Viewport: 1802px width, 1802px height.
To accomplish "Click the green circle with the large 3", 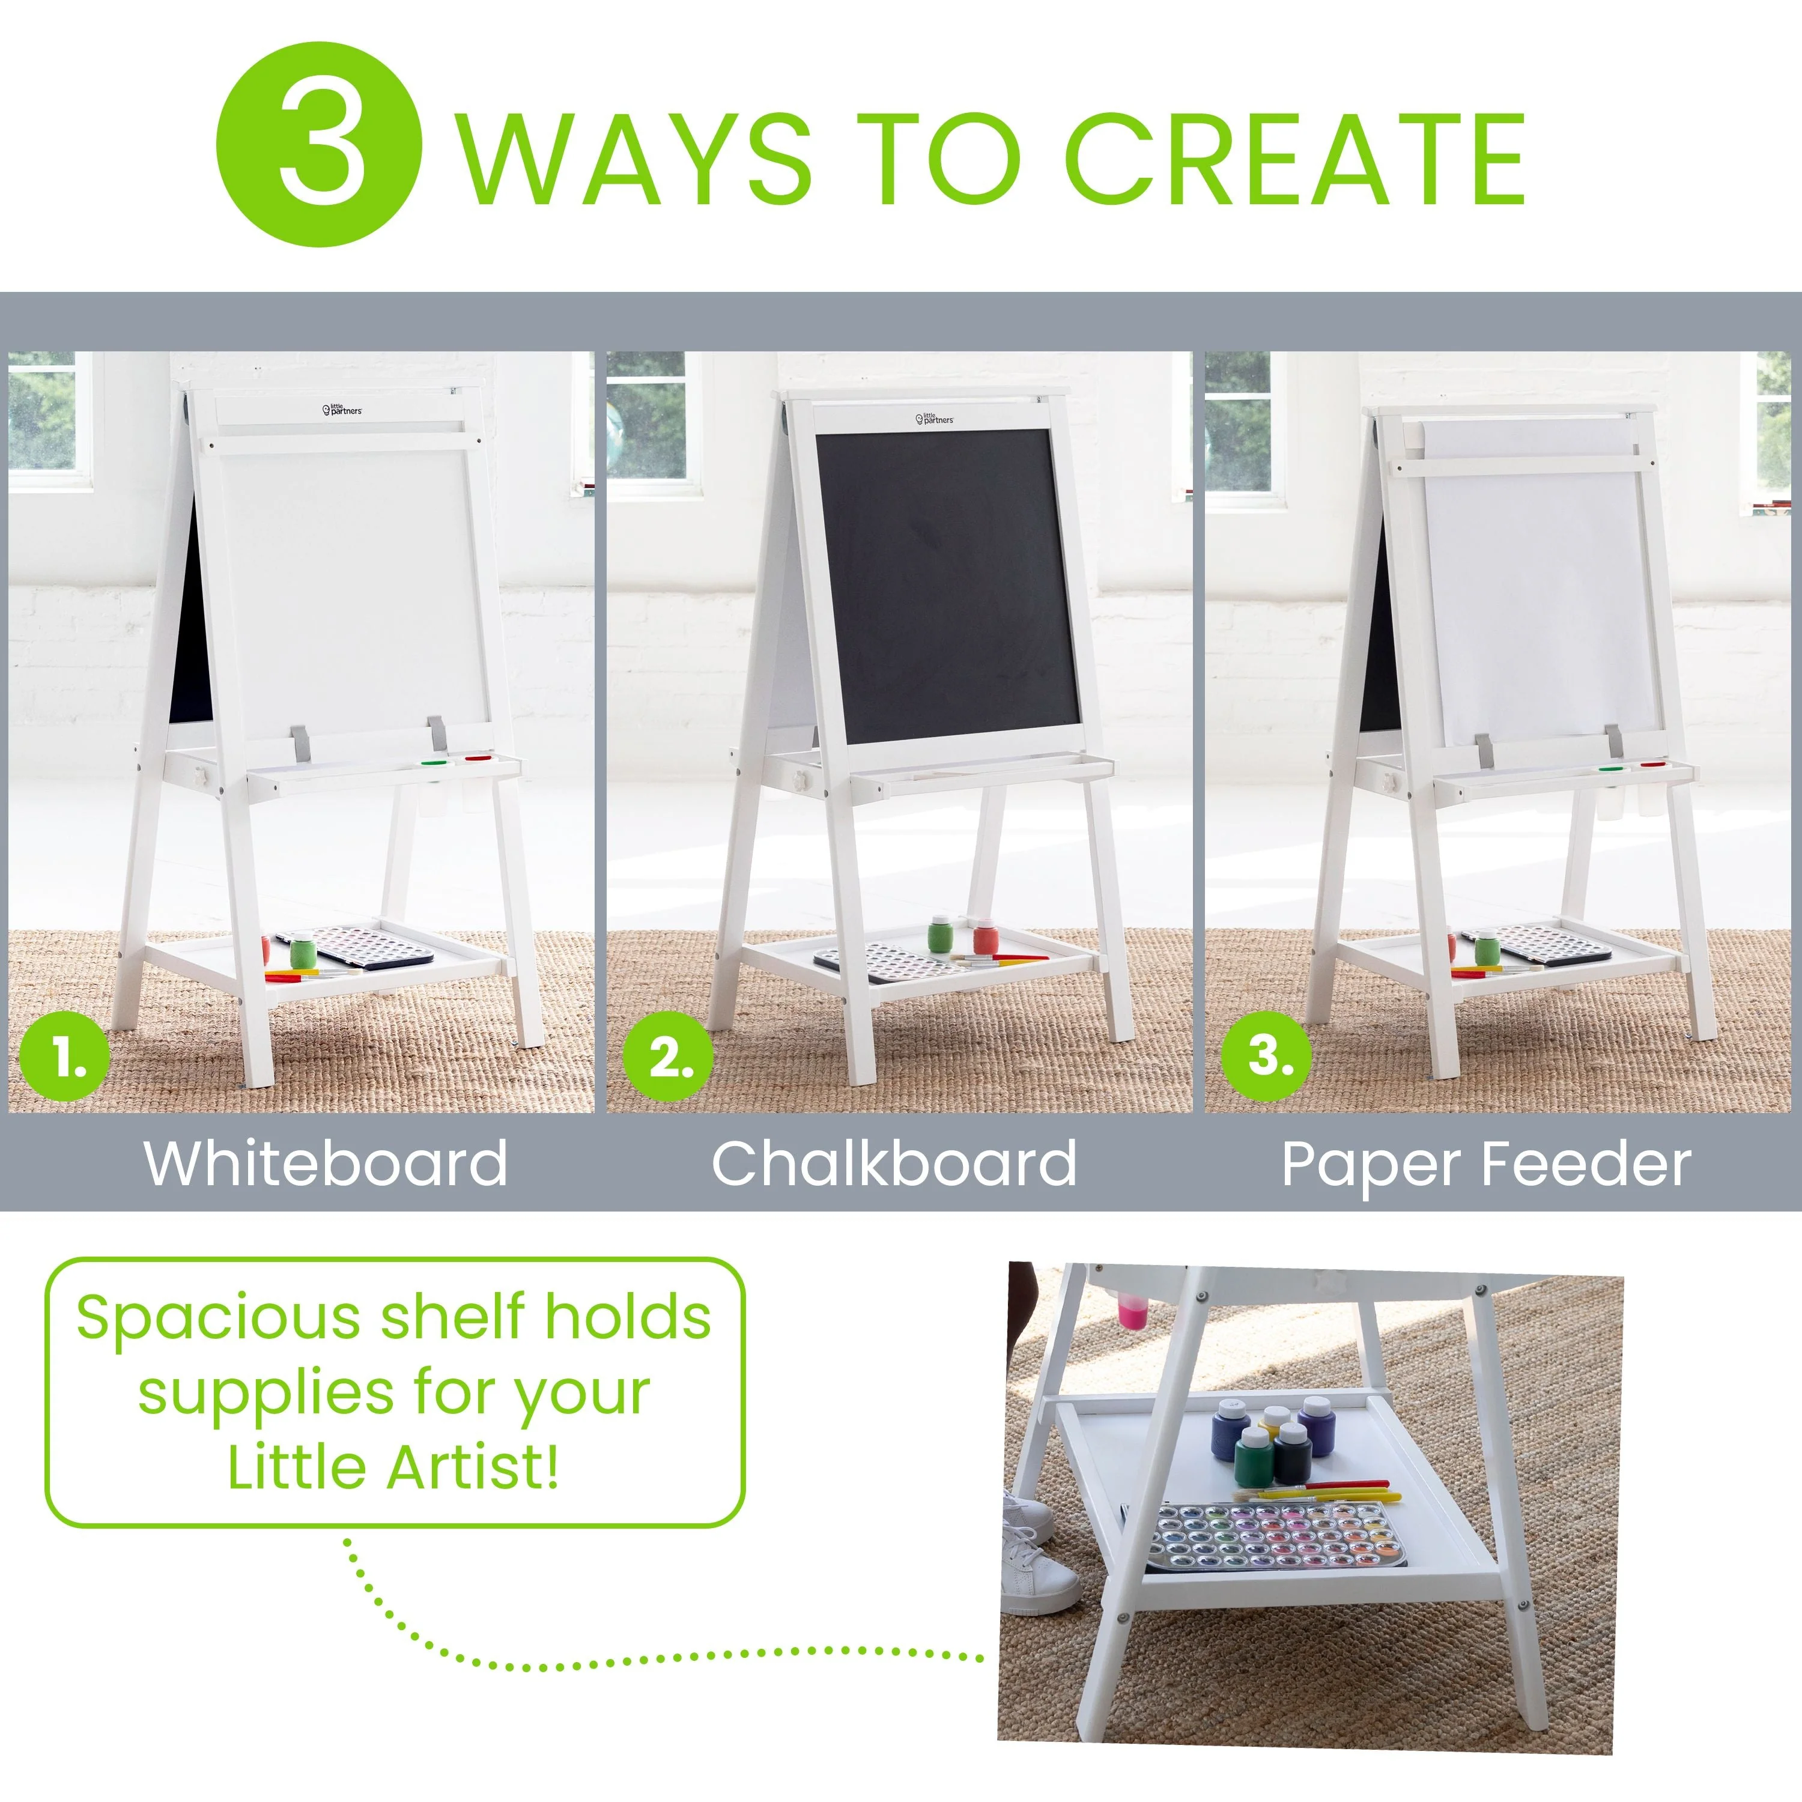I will tap(319, 145).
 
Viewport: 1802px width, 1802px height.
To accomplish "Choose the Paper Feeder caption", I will tap(1486, 1165).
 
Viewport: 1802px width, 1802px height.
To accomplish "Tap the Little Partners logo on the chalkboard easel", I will tap(935, 419).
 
